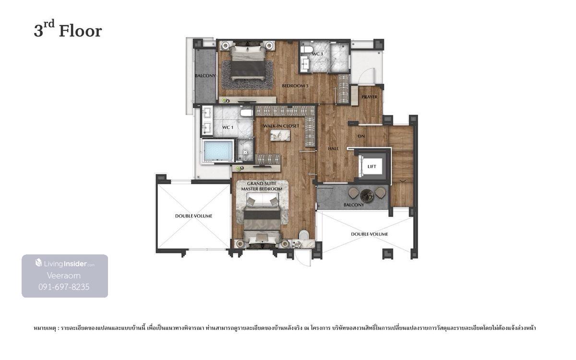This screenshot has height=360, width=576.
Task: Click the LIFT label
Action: point(372,167)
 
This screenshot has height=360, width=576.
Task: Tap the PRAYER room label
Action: point(370,97)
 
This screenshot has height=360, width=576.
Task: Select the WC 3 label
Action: point(317,54)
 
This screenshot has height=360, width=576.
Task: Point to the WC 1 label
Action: point(228,128)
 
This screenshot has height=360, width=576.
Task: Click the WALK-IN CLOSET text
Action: point(281,126)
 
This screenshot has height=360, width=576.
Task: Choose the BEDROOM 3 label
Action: point(295,86)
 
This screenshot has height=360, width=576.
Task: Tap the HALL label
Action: point(333,149)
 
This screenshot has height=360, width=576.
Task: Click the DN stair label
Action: point(361,136)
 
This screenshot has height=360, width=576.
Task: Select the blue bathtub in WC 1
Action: point(218,151)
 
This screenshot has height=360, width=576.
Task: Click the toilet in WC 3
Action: point(306,49)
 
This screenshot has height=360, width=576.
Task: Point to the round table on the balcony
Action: point(367,196)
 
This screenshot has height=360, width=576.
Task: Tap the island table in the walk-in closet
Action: point(280,135)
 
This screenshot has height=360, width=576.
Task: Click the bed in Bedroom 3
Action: point(248,63)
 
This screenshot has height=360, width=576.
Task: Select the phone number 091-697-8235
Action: point(64,287)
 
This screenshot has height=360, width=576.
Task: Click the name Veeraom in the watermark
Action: point(64,276)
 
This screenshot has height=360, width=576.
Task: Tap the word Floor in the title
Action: point(81,31)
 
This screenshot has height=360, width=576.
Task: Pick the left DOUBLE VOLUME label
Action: point(193,216)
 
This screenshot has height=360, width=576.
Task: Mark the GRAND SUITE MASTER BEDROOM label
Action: point(262,186)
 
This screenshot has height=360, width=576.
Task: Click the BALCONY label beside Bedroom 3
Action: point(205,76)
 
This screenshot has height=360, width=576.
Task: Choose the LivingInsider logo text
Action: point(65,264)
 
